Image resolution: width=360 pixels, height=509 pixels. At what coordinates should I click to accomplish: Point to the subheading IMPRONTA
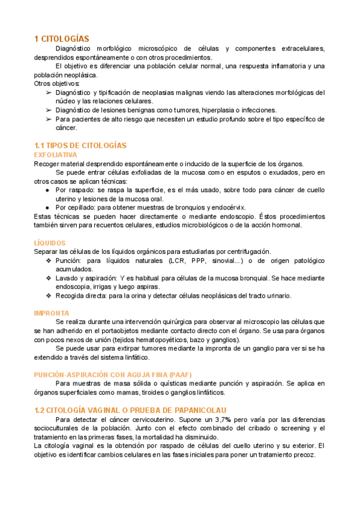[52, 313]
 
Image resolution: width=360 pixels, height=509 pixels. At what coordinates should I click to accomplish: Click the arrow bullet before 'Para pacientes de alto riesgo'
[49, 119]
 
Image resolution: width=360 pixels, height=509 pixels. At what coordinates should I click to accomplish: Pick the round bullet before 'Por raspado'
[48, 190]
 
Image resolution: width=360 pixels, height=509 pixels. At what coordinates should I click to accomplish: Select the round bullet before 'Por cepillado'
[48, 208]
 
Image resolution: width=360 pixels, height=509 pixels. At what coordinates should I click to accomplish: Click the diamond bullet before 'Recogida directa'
[49, 295]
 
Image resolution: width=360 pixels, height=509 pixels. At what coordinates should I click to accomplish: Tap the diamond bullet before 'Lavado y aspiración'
[49, 278]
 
